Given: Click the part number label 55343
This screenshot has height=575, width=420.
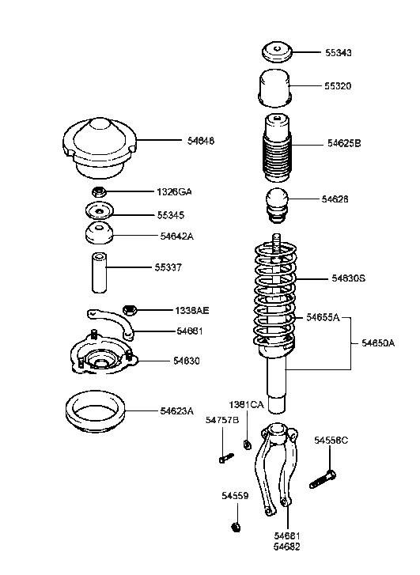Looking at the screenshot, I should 338,53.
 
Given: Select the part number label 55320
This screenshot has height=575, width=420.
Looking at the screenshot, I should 338,85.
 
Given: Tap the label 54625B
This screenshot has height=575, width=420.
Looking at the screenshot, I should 344,143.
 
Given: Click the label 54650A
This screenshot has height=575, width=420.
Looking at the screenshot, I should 378,342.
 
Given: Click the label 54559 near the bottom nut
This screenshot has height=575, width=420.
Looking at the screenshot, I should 234,496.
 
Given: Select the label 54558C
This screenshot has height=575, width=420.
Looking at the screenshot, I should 331,440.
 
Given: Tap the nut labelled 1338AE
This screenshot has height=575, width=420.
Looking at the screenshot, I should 131,309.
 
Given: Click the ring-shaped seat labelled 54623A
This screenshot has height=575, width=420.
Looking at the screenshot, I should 93,411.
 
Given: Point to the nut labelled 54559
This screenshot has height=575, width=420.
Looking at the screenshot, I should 235,527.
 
